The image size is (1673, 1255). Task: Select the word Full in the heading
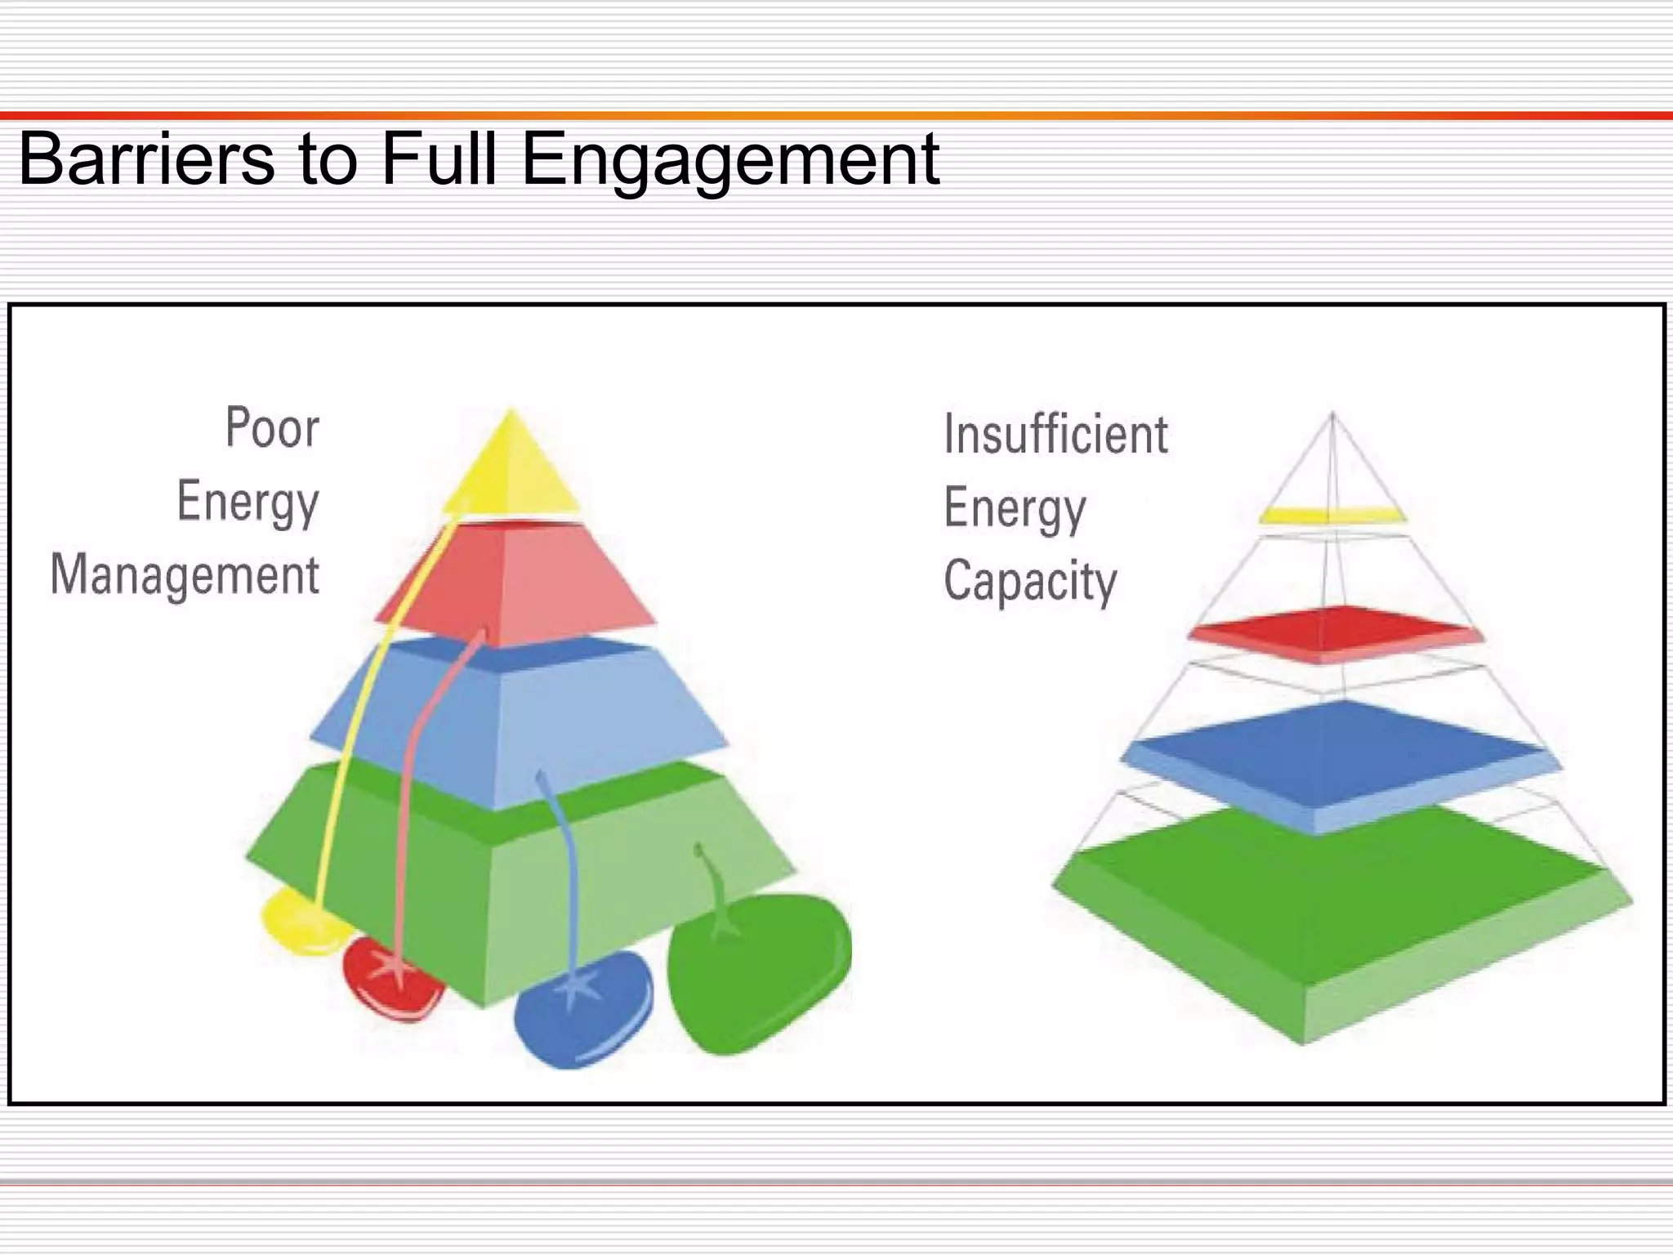click(439, 159)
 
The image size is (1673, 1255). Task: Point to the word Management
click(185, 574)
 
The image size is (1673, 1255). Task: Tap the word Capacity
click(1030, 581)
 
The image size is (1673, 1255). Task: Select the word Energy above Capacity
click(1015, 508)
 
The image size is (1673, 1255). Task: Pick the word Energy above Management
click(248, 501)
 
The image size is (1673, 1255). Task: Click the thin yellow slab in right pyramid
click(1332, 515)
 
